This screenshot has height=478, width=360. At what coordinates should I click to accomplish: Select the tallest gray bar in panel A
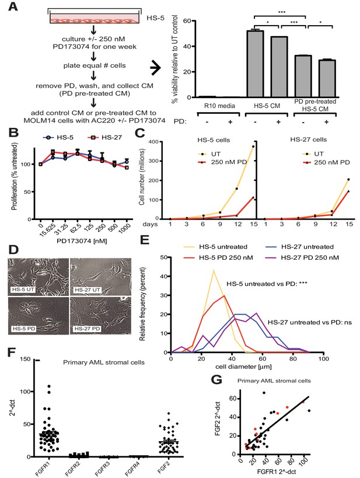(255, 64)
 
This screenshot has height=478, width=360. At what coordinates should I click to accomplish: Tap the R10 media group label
(215, 106)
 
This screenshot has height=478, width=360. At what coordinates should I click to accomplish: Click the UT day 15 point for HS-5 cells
(253, 146)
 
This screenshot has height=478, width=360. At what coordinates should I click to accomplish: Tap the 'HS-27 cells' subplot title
(309, 139)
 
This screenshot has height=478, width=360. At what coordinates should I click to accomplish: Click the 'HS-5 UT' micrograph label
(22, 289)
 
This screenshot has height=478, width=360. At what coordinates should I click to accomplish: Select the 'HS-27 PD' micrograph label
(88, 329)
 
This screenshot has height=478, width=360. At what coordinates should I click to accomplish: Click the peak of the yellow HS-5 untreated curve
(214, 270)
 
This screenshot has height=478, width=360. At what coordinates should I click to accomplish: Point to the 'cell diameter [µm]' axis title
(243, 367)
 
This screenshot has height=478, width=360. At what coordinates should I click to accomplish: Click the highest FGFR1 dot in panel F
(49, 386)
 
